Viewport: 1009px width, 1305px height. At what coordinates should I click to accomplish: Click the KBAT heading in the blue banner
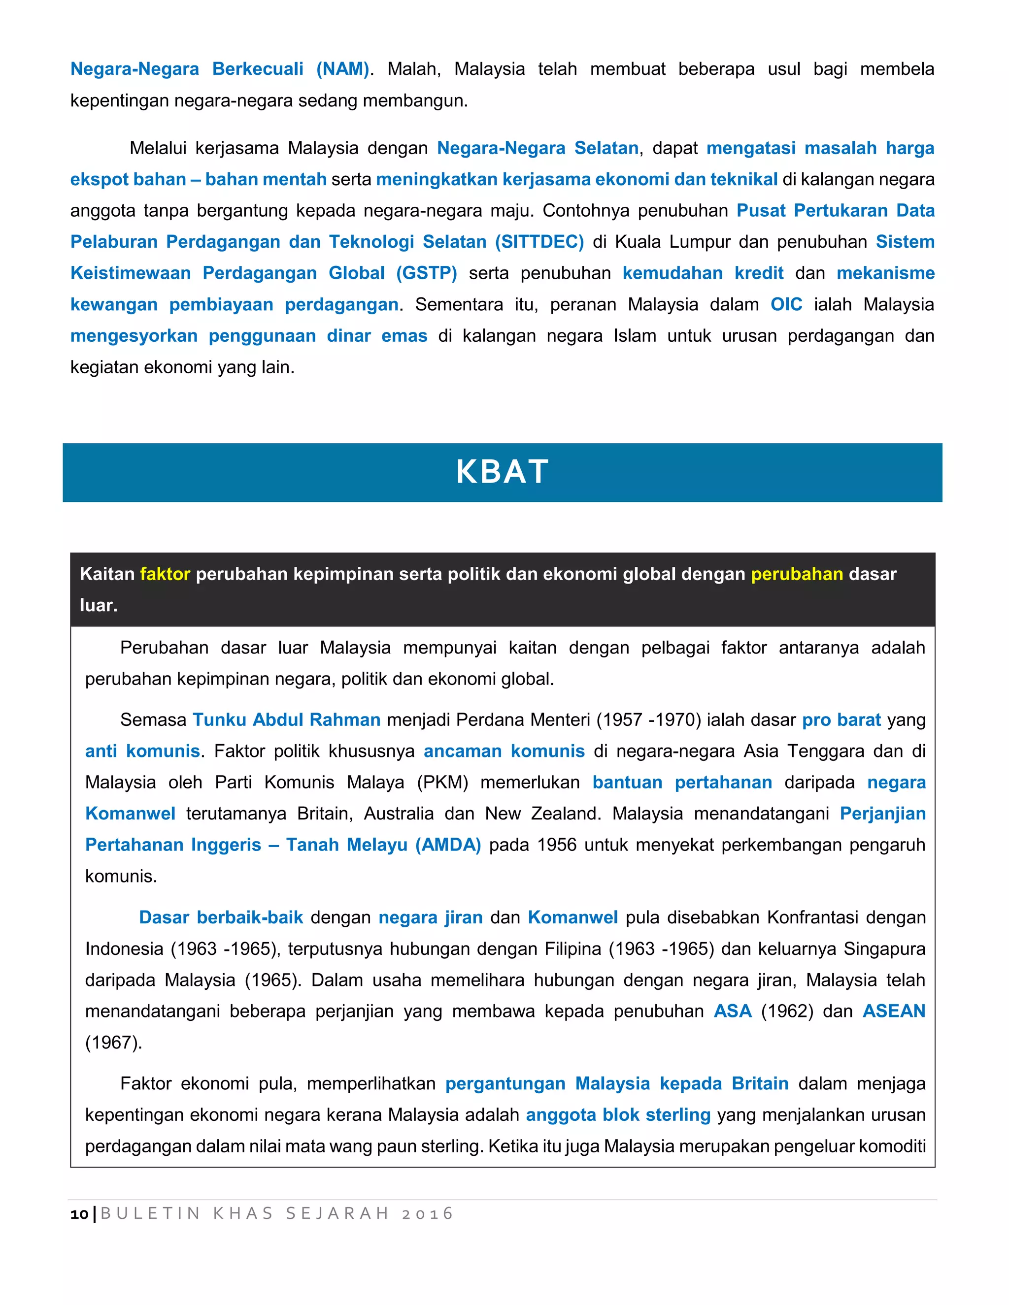tap(502, 472)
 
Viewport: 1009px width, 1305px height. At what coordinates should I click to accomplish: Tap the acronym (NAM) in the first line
tap(342, 69)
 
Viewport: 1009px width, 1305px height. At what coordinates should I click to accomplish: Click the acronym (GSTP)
tap(426, 273)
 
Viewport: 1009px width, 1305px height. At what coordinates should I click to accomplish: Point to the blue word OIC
tap(785, 304)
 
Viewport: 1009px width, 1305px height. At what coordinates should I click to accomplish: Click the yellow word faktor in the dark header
tap(165, 574)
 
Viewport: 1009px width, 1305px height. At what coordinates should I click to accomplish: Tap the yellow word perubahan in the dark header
tap(796, 574)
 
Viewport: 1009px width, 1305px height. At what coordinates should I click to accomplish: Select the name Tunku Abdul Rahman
tap(286, 719)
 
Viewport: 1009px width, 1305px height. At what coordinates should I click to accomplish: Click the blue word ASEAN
tap(894, 1011)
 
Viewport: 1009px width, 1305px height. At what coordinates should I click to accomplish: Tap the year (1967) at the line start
tap(114, 1043)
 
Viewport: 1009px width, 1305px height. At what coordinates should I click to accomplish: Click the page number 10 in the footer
tap(79, 1213)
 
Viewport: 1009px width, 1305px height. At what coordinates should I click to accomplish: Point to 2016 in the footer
tap(427, 1213)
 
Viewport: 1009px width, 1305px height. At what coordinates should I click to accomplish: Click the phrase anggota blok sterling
tap(618, 1115)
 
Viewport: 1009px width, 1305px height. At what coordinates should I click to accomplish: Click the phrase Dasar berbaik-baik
tap(221, 917)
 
